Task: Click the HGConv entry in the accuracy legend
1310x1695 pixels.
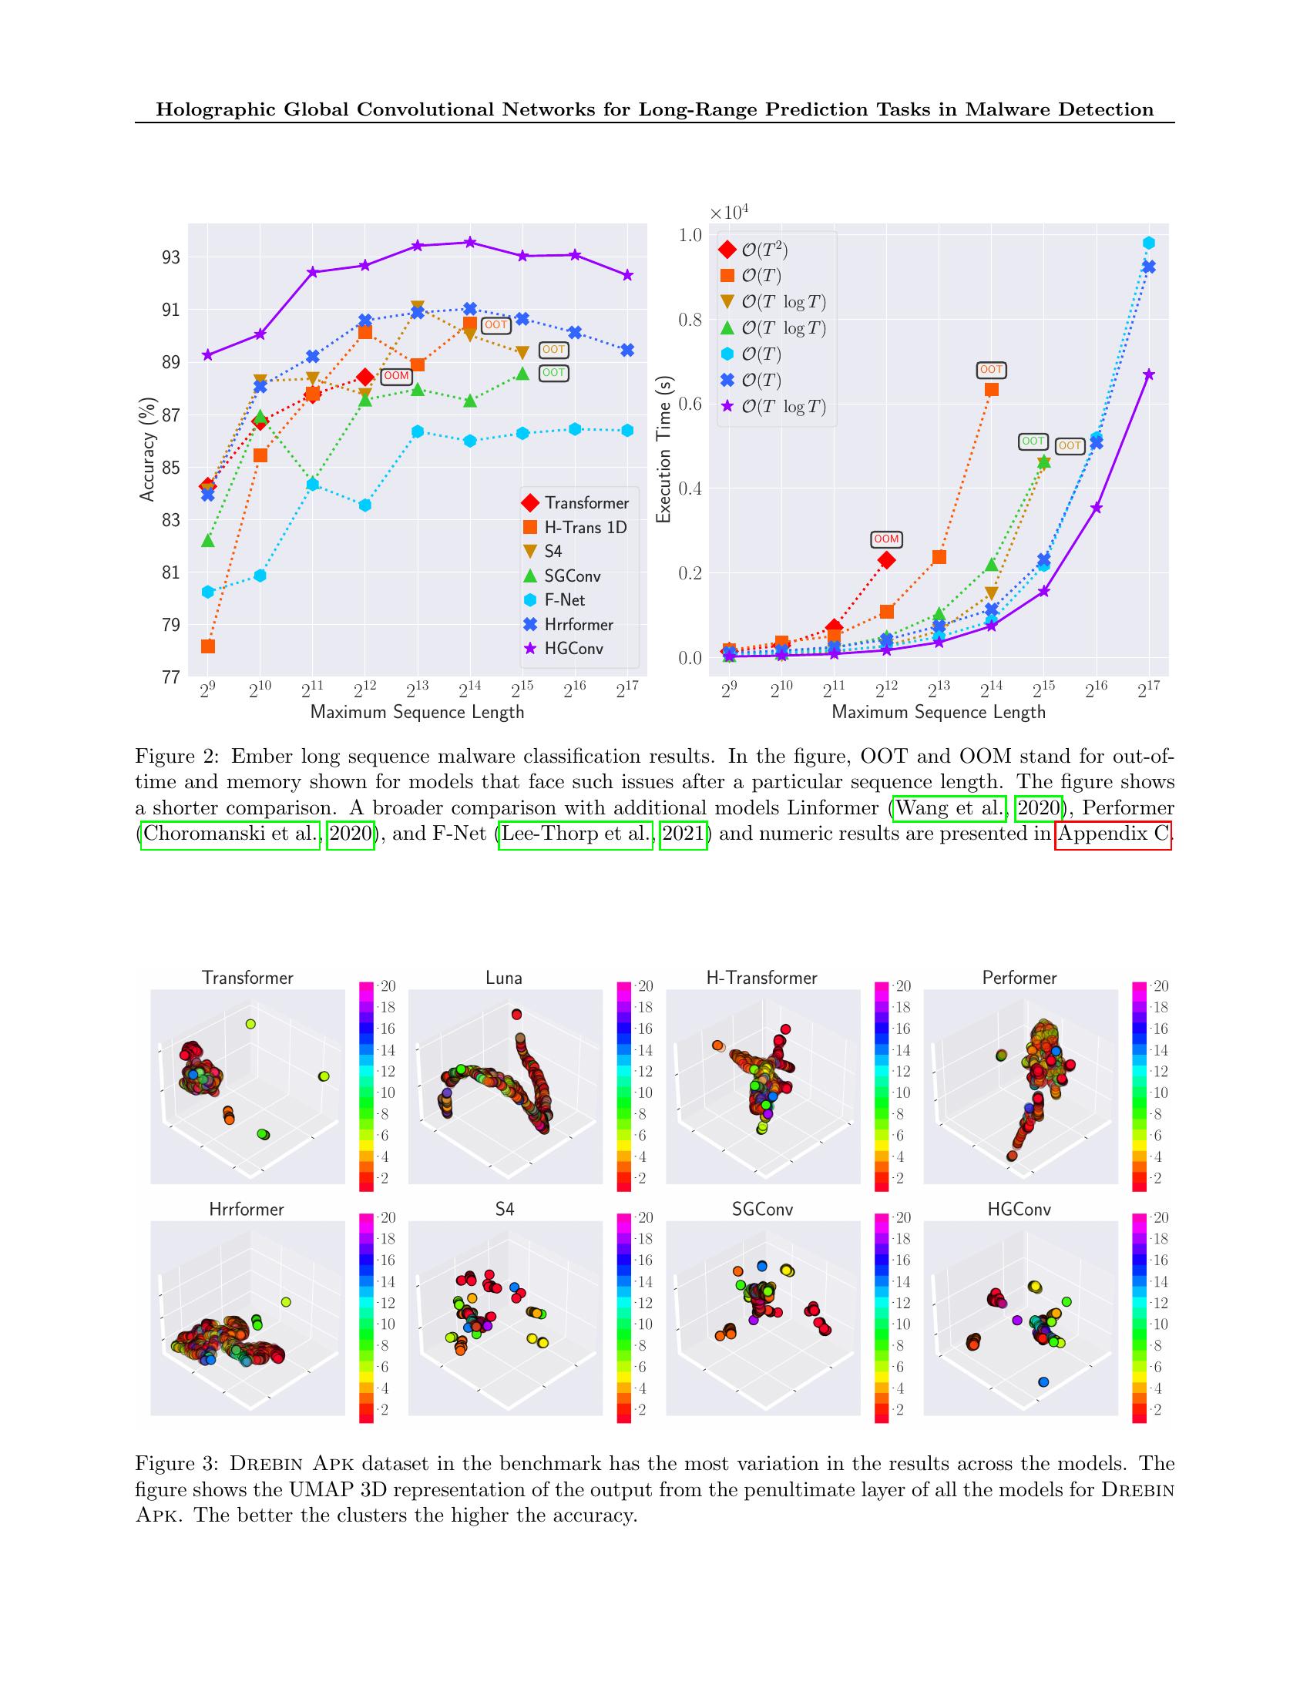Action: click(573, 649)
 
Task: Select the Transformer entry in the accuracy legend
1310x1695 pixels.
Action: click(586, 503)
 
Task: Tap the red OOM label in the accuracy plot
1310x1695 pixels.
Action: click(397, 376)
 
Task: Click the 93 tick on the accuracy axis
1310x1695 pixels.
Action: click(171, 257)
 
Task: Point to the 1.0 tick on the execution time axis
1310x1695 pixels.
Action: click(690, 235)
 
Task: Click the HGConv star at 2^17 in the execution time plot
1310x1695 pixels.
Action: click(1150, 375)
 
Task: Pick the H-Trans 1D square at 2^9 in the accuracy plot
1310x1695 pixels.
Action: click(207, 646)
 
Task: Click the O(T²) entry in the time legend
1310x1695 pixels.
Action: click(764, 250)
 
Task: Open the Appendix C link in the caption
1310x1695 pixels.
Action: click(1112, 834)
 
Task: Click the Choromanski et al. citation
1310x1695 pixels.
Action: click(230, 834)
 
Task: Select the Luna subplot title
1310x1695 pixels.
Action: click(504, 978)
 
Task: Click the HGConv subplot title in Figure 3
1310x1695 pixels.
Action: click(1019, 1209)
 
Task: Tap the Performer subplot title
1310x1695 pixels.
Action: click(1019, 978)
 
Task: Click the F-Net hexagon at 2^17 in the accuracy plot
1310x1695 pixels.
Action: click(628, 431)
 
